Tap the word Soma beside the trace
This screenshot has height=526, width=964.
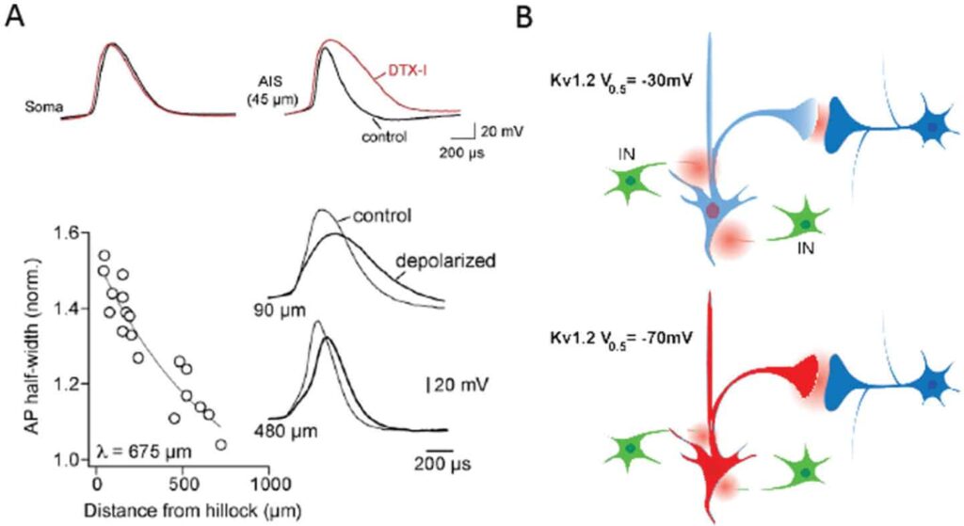43,108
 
